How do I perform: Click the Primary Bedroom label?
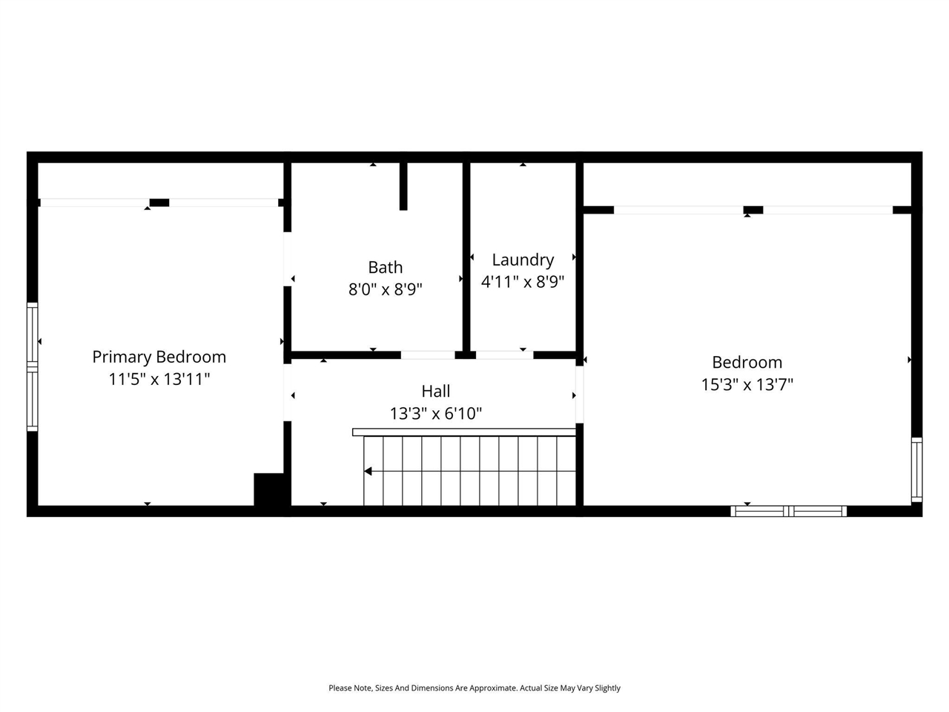pos(159,357)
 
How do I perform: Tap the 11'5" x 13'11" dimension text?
pos(159,380)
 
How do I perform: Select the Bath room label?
pos(386,267)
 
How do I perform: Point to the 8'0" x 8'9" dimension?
pos(386,289)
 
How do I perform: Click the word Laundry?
pos(523,260)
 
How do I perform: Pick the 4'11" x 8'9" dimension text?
pos(523,282)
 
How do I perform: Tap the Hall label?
pos(436,391)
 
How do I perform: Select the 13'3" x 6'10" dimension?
pos(436,413)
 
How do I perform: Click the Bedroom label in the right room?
pos(747,362)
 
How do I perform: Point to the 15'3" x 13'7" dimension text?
pos(747,384)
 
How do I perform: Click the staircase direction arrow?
pos(368,471)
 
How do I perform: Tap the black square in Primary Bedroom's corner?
pos(268,489)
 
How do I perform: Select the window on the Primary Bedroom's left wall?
pos(32,366)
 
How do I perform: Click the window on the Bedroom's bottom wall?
pos(789,511)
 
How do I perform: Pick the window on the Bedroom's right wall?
pos(917,469)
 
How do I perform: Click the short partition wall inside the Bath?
pos(403,185)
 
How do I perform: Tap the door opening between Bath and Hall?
pos(428,355)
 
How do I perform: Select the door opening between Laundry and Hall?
pos(504,355)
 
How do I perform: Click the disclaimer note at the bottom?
pos(474,688)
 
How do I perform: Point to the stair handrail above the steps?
pos(464,432)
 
